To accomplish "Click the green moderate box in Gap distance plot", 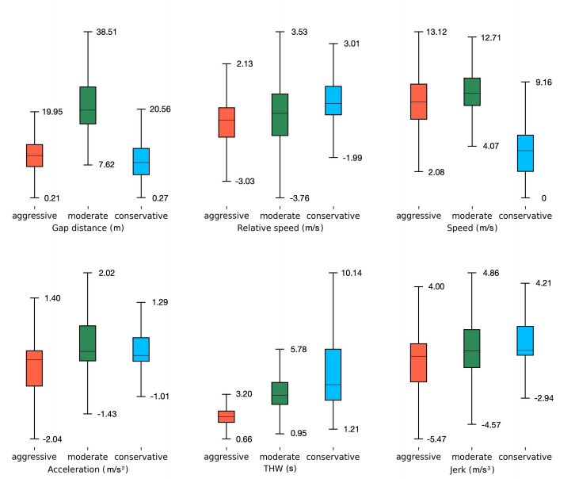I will click(88, 105).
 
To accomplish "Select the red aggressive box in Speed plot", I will click(418, 102).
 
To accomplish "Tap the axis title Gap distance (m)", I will click(88, 228).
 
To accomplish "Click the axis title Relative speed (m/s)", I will click(280, 228).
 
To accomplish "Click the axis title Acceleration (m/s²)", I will click(88, 469).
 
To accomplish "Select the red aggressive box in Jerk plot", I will click(418, 362).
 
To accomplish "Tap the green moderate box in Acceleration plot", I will click(88, 343).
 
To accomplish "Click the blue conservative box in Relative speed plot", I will click(333, 101).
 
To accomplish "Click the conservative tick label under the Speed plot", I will click(526, 216).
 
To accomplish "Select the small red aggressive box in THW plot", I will click(226, 416).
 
